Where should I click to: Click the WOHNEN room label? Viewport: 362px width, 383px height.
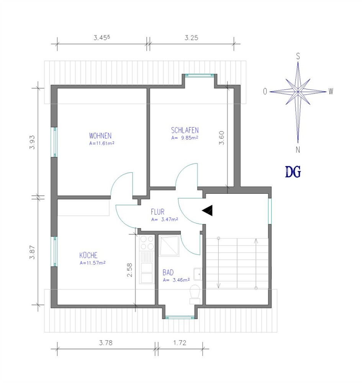tap(100, 136)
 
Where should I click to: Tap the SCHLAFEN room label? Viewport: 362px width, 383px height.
tap(185, 130)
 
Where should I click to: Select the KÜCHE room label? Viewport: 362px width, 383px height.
tap(88, 255)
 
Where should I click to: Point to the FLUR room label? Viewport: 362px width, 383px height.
tap(157, 211)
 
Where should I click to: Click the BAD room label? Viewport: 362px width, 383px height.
tap(168, 272)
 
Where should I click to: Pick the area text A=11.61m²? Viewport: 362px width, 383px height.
tap(102, 143)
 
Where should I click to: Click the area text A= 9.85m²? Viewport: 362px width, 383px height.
tap(185, 138)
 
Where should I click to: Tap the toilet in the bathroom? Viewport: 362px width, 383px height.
tap(195, 294)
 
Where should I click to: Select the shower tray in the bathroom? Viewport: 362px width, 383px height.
tap(169, 246)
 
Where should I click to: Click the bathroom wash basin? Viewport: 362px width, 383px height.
tap(198, 274)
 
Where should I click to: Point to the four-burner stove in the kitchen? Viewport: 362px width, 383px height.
tap(147, 243)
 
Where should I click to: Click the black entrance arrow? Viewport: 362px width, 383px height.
tap(207, 211)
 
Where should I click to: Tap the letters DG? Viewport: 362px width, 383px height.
tap(293, 172)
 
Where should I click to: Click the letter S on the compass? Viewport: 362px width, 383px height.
tap(298, 56)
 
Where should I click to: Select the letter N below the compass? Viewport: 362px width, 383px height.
tap(298, 150)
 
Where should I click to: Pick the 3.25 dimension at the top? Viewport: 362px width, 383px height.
tap(191, 38)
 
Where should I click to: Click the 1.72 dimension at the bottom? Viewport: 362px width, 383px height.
tap(180, 343)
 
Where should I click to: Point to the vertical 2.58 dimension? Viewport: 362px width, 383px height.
tap(129, 270)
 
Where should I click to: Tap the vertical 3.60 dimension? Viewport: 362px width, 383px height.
tap(221, 138)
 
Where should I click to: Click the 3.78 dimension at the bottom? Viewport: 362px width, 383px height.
tap(106, 343)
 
